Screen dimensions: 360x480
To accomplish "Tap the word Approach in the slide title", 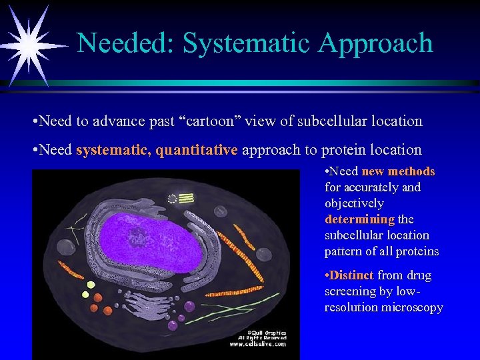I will click(x=375, y=43).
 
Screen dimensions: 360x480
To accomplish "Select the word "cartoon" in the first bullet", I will click(x=213, y=121).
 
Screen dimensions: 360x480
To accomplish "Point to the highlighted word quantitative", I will click(x=197, y=150).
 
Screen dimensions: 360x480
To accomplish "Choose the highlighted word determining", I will click(x=360, y=219).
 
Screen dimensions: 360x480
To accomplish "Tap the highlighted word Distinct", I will click(x=349, y=275).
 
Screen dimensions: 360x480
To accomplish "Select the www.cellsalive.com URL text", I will click(x=259, y=344).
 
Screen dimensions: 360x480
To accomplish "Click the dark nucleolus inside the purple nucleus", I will click(x=139, y=235).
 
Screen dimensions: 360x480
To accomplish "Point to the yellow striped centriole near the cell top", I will click(x=184, y=197).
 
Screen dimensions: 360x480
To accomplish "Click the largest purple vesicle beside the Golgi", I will click(x=189, y=306).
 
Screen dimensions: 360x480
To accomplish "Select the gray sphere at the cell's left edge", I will click(x=64, y=247).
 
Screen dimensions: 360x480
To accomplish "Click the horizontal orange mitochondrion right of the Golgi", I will click(x=243, y=291).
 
